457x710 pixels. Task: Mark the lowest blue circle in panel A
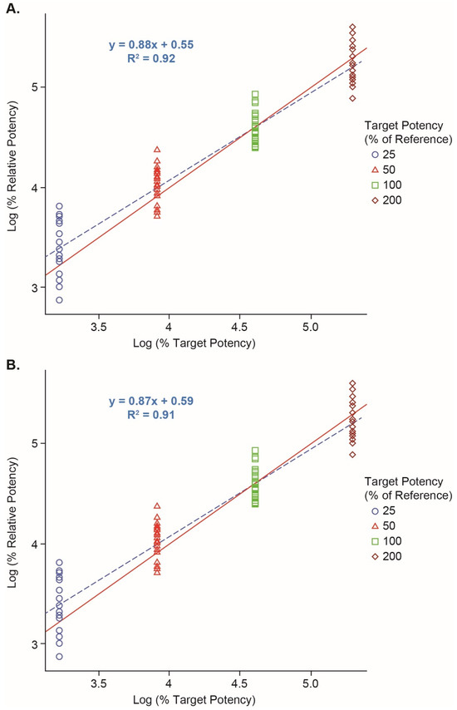pos(59,300)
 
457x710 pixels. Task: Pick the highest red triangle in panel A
pos(157,150)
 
